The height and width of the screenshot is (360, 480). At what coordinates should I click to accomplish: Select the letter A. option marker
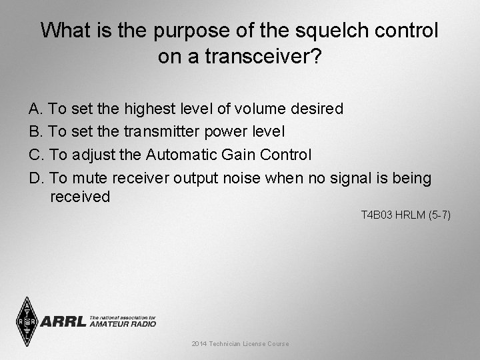[36, 109]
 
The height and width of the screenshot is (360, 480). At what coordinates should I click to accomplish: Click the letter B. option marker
[36, 132]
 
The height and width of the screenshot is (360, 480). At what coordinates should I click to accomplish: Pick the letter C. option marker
[37, 155]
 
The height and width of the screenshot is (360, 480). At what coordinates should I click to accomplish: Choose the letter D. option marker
[37, 179]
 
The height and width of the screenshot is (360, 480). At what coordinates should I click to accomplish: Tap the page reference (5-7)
[439, 215]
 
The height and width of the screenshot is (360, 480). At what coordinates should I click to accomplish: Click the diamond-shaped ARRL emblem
[27, 322]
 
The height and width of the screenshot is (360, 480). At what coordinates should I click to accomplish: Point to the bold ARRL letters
[64, 322]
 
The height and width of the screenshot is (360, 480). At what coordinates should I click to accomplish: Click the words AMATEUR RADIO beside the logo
[123, 324]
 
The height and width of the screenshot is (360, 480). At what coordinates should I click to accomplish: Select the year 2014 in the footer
[199, 344]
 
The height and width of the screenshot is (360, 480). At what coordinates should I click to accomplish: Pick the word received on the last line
[80, 197]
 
